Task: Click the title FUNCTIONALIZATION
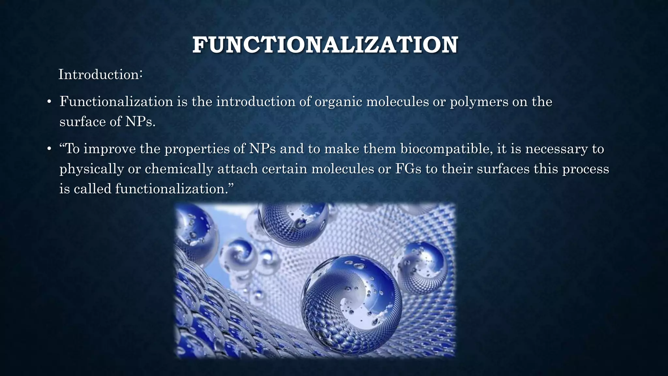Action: (325, 45)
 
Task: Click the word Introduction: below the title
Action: (100, 75)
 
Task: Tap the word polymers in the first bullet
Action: (479, 102)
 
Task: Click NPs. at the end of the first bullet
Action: (141, 122)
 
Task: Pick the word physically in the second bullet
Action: (92, 169)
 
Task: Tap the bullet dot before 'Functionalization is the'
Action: (49, 102)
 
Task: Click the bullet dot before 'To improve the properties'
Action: (49, 149)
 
